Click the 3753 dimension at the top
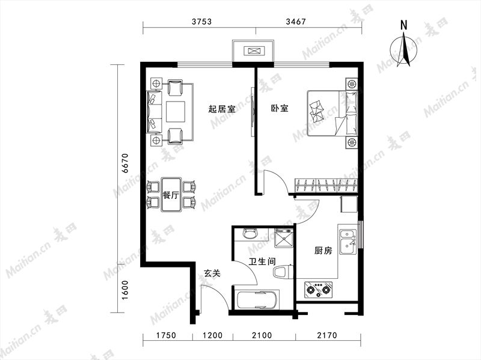tap(201, 22)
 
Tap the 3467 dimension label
tap(296, 22)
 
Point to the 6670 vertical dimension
tap(126, 163)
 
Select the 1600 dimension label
tap(126, 290)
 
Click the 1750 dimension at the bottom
tap(167, 335)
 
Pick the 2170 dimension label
tap(327, 335)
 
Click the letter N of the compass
tap(404, 25)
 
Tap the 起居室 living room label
tap(222, 109)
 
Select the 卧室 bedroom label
tap(280, 108)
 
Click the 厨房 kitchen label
tap(323, 251)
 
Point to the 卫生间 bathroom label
tap(262, 261)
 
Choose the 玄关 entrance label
tap(212, 273)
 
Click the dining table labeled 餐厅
tap(171, 195)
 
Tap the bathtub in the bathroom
tap(258, 300)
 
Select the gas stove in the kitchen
tap(318, 290)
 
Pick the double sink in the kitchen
tap(348, 243)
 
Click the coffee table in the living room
tap(176, 112)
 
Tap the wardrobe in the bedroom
tap(326, 186)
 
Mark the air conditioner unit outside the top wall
tap(253, 51)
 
